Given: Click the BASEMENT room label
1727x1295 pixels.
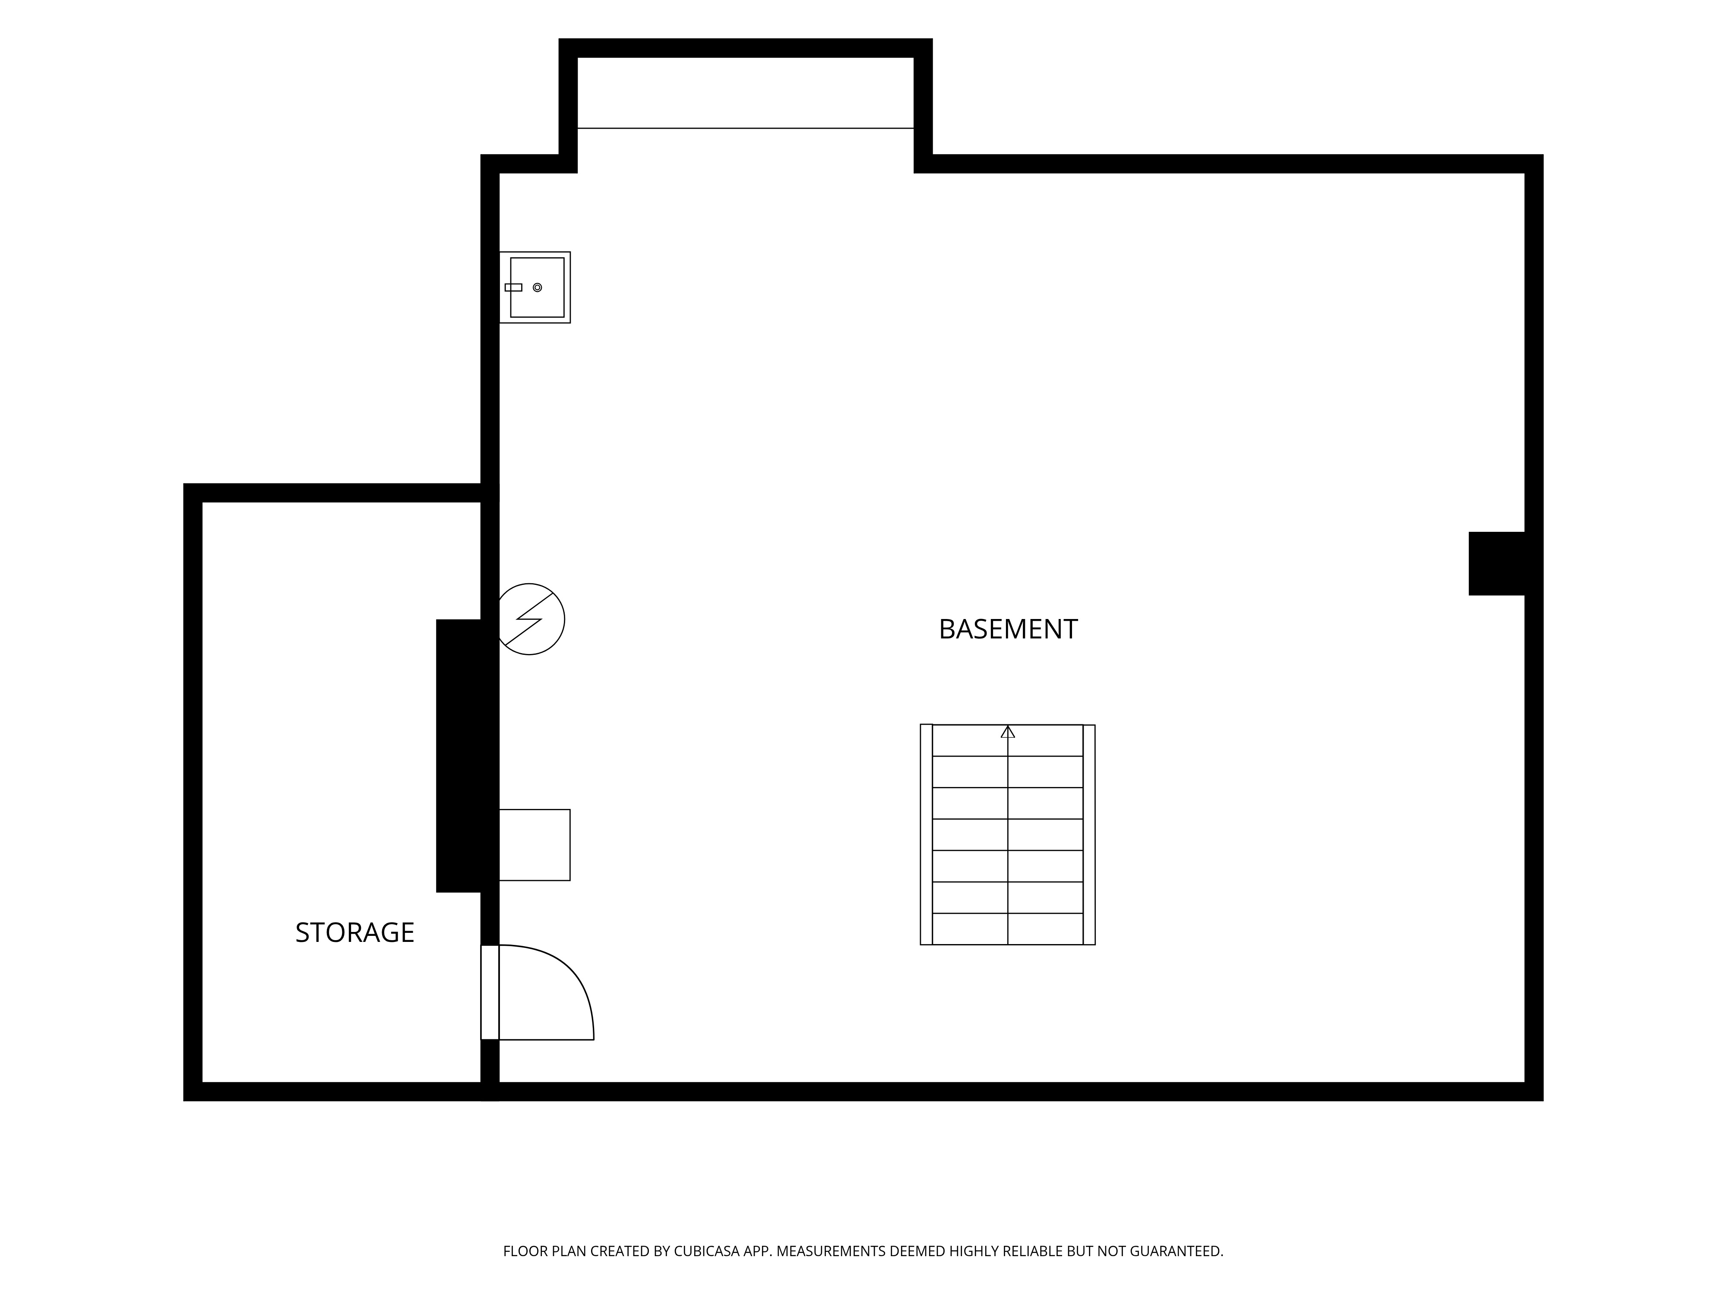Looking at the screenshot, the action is pyautogui.click(x=1008, y=629).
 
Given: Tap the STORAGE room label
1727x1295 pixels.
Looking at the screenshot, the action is pyautogui.click(x=354, y=933).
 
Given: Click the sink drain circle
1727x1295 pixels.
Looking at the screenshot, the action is pyautogui.click(x=537, y=287).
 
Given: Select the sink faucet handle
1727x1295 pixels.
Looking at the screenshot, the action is pyautogui.click(x=513, y=287).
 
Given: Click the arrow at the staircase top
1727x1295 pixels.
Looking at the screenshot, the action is pyautogui.click(x=1008, y=731).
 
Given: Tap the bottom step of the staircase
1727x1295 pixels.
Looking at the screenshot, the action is pyautogui.click(x=1008, y=929).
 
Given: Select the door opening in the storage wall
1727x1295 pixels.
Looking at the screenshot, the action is pyautogui.click(x=490, y=992).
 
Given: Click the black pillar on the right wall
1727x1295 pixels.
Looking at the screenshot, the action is pyautogui.click(x=1497, y=564).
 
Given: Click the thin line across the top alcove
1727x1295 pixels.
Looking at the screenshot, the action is pyautogui.click(x=746, y=128).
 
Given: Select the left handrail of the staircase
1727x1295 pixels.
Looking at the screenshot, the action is pyautogui.click(x=926, y=834).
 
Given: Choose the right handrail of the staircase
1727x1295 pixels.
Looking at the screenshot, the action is pyautogui.click(x=1089, y=834).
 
